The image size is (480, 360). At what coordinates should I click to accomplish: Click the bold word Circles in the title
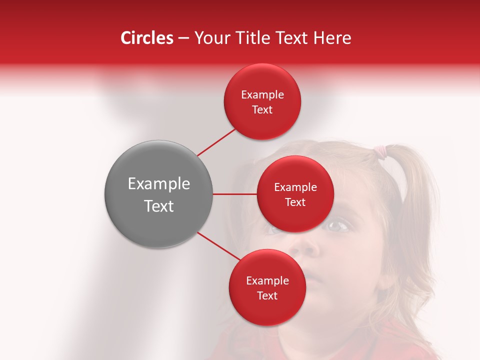[x=146, y=38]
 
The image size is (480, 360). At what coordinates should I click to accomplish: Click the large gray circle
[x=158, y=194]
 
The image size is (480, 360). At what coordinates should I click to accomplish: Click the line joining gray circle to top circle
[x=217, y=142]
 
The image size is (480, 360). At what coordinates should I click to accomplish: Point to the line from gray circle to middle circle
[x=234, y=194]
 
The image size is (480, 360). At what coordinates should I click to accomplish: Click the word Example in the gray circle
[x=159, y=184]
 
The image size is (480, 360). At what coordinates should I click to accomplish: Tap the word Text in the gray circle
[x=159, y=206]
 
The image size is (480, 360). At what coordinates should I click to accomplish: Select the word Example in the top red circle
[x=262, y=95]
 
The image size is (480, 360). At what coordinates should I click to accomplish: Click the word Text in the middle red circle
[x=295, y=202]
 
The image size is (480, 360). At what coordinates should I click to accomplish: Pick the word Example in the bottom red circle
[x=267, y=280]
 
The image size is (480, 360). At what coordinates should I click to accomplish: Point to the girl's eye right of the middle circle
[x=338, y=226]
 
